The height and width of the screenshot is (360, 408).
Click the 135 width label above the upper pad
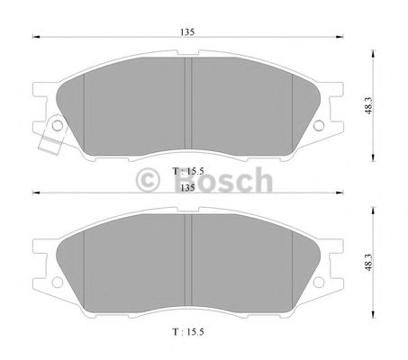186,31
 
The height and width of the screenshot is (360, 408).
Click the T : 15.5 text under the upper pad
186,168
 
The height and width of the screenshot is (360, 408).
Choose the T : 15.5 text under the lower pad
186,333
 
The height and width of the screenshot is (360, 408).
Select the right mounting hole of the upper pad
321,125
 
